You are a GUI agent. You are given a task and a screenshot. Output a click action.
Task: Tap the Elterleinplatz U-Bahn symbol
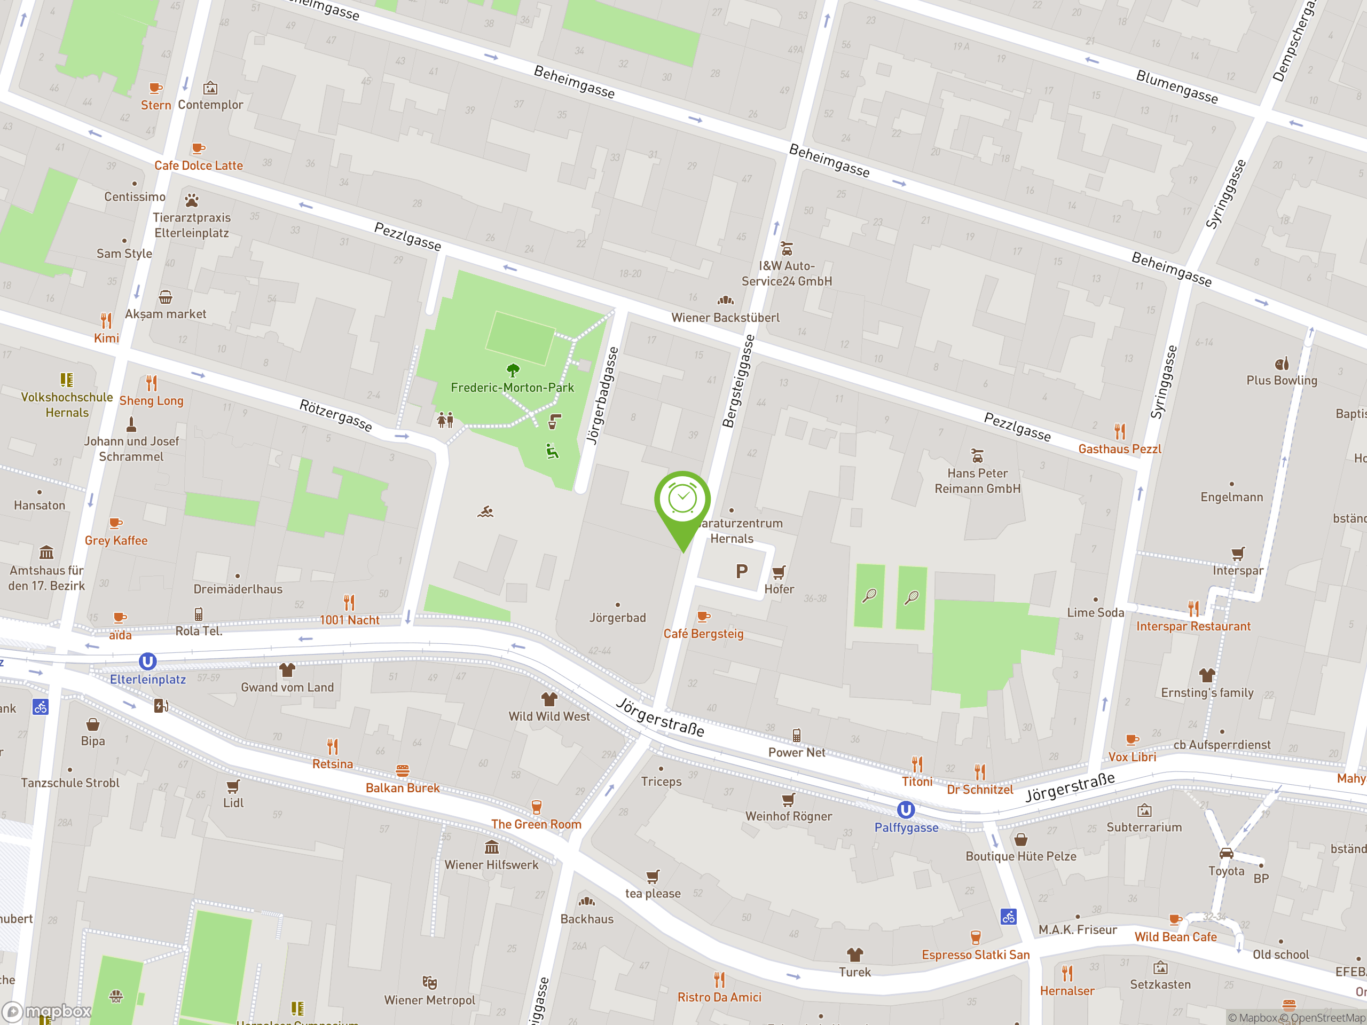pyautogui.click(x=147, y=661)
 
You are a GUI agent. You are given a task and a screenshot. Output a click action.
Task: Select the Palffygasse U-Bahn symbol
pyautogui.click(x=905, y=809)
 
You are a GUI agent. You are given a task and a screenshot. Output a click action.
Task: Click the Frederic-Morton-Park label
pyautogui.click(x=512, y=388)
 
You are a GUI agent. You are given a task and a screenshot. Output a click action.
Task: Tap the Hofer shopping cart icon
pyautogui.click(x=779, y=572)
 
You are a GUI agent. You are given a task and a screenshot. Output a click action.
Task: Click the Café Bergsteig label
pyautogui.click(x=703, y=633)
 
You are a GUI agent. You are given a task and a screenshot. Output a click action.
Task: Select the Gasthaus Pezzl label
pyautogui.click(x=1120, y=449)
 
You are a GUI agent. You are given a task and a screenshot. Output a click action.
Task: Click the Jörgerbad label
pyautogui.click(x=617, y=617)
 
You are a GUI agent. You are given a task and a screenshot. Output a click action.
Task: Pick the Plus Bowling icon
pyautogui.click(x=1282, y=364)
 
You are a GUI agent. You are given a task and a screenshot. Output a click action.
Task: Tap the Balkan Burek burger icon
pyautogui.click(x=402, y=770)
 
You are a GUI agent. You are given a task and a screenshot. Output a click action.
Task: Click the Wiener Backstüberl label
pyautogui.click(x=726, y=318)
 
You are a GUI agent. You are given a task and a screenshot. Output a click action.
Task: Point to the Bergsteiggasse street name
pyautogui.click(x=739, y=381)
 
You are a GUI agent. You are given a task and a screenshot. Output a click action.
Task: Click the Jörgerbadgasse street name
pyautogui.click(x=602, y=396)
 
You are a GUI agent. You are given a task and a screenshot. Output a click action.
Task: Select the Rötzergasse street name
pyautogui.click(x=335, y=415)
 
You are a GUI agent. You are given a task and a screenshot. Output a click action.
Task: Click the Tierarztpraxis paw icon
pyautogui.click(x=192, y=200)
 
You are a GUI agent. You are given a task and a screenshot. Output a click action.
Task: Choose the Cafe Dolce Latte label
pyautogui.click(x=199, y=165)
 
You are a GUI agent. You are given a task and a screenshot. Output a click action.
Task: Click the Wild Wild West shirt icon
pyautogui.click(x=549, y=699)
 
